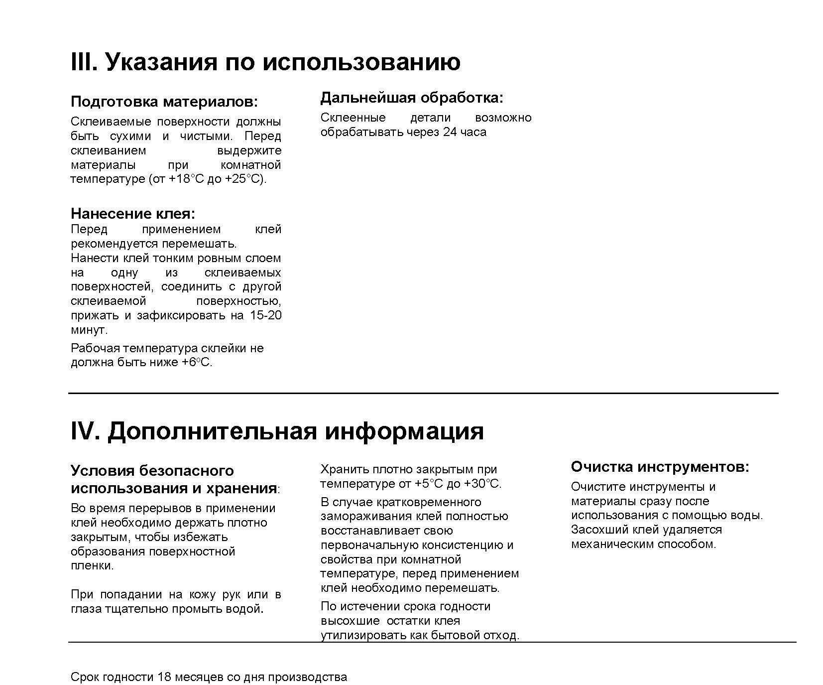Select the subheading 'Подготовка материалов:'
[x=164, y=102]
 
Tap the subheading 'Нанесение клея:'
[x=133, y=214]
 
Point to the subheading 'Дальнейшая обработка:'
[x=411, y=98]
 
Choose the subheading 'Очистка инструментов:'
[x=660, y=467]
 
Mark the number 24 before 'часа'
[x=450, y=132]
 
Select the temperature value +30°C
[x=482, y=484]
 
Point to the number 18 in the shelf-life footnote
[x=165, y=677]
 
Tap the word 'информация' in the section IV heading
[x=404, y=431]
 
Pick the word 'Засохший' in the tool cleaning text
[x=596, y=530]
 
